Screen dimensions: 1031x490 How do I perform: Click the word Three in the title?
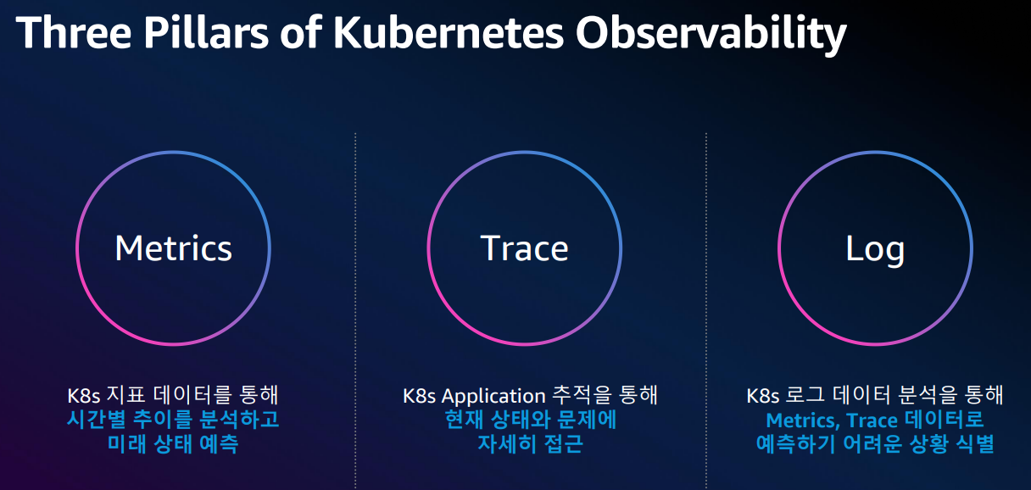coord(74,32)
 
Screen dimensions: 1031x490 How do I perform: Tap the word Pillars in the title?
coord(206,32)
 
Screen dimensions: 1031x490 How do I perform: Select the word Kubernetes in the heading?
coord(449,32)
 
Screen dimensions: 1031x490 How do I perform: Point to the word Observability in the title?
coord(711,35)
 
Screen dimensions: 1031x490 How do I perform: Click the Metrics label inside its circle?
coord(174,248)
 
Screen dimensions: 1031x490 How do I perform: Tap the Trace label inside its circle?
coord(525,248)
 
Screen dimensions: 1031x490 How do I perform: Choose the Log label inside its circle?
coord(875,251)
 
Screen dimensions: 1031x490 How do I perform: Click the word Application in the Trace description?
coord(493,397)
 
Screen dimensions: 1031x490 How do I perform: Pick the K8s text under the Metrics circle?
coord(84,396)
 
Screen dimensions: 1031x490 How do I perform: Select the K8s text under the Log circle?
coord(763,396)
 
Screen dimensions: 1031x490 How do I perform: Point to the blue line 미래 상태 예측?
coord(173,444)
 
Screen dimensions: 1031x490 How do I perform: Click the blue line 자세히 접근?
coord(530,444)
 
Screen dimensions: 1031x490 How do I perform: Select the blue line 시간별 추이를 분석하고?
coord(173,420)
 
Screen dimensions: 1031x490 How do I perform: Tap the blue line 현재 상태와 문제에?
coord(530,420)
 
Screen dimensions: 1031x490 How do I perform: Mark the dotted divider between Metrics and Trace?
coord(355,310)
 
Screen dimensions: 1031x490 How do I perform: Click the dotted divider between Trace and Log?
coord(706,310)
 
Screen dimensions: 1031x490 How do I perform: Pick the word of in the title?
coord(300,32)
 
